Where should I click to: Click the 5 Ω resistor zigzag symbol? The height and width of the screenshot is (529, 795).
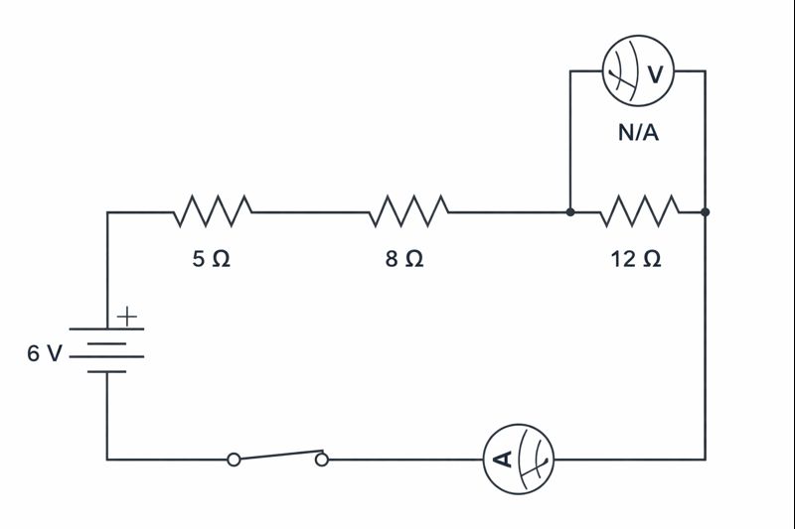coord(213,210)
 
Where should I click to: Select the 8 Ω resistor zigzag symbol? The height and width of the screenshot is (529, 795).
coord(408,210)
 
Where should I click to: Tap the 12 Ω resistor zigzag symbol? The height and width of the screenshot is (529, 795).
coord(639,210)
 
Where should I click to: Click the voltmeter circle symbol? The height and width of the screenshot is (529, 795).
coord(638,71)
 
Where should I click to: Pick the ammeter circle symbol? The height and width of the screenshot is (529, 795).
coord(518,459)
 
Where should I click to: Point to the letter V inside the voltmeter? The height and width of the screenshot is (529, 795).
coord(655,72)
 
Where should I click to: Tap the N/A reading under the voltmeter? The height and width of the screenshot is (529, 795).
coord(638,132)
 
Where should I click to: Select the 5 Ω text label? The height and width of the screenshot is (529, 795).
coord(212,259)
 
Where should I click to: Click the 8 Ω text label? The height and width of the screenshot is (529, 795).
coord(405,259)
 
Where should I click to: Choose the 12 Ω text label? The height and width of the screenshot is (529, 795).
coord(636,259)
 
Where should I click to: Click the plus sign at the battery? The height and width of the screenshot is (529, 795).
coord(127,317)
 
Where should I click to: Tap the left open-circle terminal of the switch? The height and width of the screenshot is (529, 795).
coord(234,460)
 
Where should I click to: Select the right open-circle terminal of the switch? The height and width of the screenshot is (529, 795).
coord(321,460)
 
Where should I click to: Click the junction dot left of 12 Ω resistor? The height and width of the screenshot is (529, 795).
coord(569,211)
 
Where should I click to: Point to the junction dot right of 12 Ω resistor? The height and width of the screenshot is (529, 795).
coord(705,211)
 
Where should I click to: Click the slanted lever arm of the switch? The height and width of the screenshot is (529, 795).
coord(277,455)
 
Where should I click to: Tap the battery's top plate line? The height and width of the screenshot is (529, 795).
coord(106,329)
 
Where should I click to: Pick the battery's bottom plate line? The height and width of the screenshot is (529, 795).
coord(106,371)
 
